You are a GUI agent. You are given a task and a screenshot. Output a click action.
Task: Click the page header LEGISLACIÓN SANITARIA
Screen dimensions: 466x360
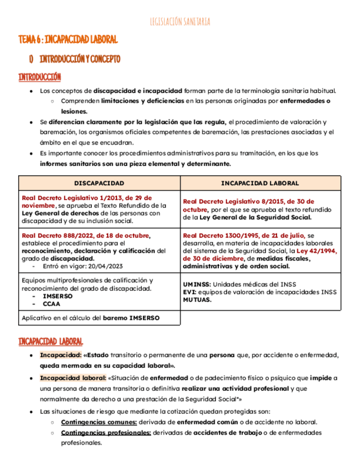point(180,22)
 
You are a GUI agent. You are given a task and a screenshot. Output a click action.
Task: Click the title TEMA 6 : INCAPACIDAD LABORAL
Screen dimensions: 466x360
point(68,40)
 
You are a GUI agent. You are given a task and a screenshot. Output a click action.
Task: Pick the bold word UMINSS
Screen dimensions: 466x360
point(196,284)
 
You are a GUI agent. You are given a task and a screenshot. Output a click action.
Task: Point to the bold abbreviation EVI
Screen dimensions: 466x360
point(190,292)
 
